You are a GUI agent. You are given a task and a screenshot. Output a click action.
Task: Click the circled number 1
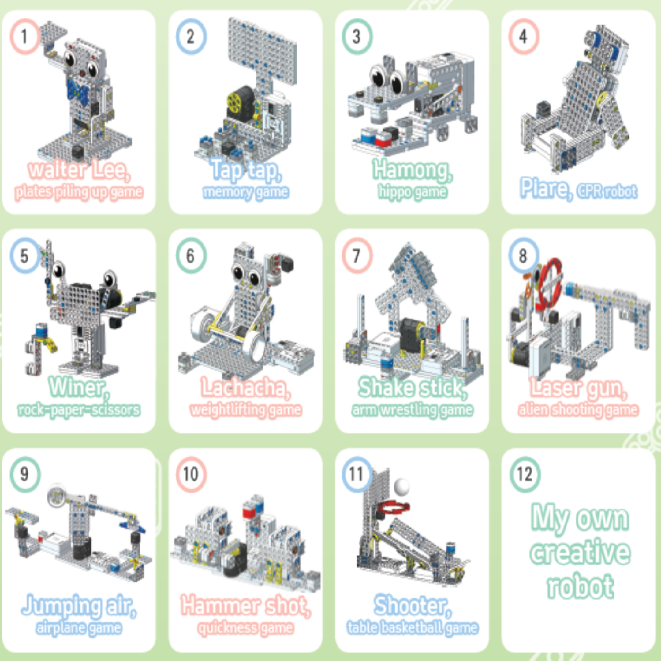25,36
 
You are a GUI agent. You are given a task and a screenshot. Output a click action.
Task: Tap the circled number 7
357,255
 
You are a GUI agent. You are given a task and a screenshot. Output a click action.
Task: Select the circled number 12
525,475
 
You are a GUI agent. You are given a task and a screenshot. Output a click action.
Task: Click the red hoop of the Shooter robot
394,508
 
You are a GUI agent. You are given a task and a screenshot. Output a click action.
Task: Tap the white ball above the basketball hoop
401,487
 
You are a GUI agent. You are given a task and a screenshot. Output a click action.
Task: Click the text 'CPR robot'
607,192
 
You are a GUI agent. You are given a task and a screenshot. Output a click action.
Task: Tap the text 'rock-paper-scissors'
79,410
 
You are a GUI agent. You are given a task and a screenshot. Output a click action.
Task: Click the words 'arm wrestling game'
412,410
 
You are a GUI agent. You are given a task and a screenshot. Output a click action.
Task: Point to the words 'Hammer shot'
246,605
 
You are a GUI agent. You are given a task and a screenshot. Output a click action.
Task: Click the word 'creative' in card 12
580,553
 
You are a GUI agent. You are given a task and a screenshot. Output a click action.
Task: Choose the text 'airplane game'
79,628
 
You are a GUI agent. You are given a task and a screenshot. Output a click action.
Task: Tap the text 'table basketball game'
412,628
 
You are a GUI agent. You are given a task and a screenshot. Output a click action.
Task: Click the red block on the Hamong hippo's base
383,138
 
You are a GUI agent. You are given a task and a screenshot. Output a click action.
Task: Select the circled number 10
191,475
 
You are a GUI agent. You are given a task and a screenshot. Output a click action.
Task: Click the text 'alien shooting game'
578,410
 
